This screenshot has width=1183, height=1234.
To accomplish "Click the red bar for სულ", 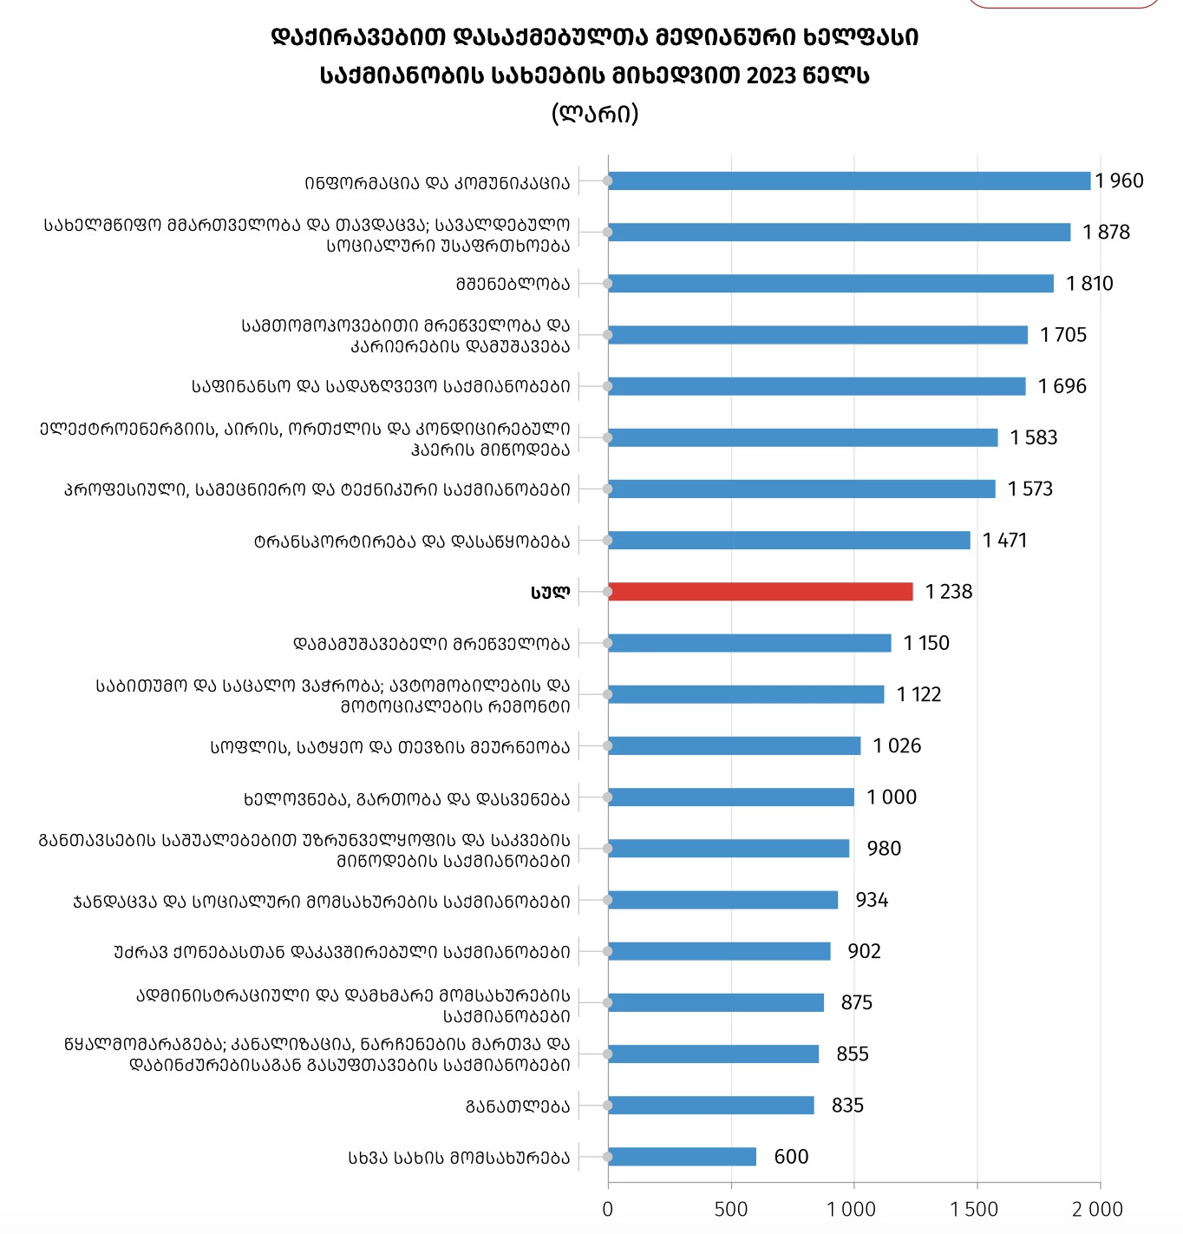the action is (x=761, y=592).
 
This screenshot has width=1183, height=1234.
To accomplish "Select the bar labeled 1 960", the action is (x=849, y=181).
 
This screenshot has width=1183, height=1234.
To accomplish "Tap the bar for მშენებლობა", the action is (x=831, y=284).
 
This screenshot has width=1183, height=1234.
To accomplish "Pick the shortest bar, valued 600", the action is (x=682, y=1157).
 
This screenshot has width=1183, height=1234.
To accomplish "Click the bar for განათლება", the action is (x=711, y=1106).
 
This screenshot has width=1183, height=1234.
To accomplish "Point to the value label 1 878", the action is (x=1106, y=232).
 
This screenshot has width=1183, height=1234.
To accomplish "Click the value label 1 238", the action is (x=949, y=592).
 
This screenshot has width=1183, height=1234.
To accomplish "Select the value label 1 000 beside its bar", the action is (x=891, y=798).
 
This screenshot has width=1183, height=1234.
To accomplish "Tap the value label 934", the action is (x=872, y=900).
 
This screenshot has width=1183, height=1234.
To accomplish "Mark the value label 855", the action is (x=853, y=1053).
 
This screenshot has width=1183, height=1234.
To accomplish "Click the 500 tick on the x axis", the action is (x=730, y=1210).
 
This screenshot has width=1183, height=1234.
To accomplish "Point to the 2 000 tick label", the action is (x=1097, y=1210).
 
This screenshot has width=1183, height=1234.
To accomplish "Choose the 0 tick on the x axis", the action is (x=608, y=1210).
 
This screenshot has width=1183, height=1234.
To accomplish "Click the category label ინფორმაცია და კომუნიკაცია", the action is (x=437, y=183).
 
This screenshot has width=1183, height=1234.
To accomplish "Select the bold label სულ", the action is (x=550, y=593).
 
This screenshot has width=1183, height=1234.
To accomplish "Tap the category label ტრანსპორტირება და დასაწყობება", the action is (x=412, y=542).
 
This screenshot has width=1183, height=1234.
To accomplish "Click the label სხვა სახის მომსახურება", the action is (x=459, y=1158).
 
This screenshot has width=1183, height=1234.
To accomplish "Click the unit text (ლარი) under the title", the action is (x=595, y=115).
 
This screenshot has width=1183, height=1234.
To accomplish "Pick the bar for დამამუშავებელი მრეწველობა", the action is (x=749, y=643).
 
